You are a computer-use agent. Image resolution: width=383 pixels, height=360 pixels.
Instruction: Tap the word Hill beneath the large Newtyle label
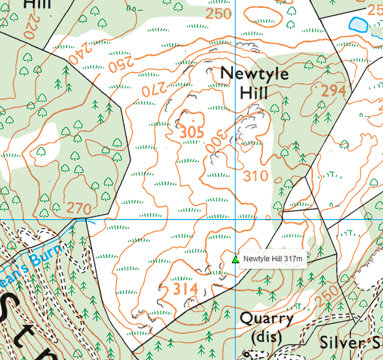tap(254, 93)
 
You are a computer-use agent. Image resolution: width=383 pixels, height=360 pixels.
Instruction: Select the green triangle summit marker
tap(235, 259)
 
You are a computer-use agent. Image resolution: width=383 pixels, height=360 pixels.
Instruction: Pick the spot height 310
tap(255, 176)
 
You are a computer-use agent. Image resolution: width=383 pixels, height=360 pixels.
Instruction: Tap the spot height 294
tap(334, 91)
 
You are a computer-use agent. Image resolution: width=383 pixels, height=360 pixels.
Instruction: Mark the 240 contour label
tap(77, 58)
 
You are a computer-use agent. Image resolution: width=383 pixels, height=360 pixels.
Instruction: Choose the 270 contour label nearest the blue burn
tap(79, 208)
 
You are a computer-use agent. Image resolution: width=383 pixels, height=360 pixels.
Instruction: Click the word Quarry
tap(266, 319)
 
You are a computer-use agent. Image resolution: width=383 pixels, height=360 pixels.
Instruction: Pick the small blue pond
tap(357, 24)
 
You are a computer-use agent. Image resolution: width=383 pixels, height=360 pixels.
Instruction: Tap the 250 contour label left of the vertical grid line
tap(218, 14)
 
